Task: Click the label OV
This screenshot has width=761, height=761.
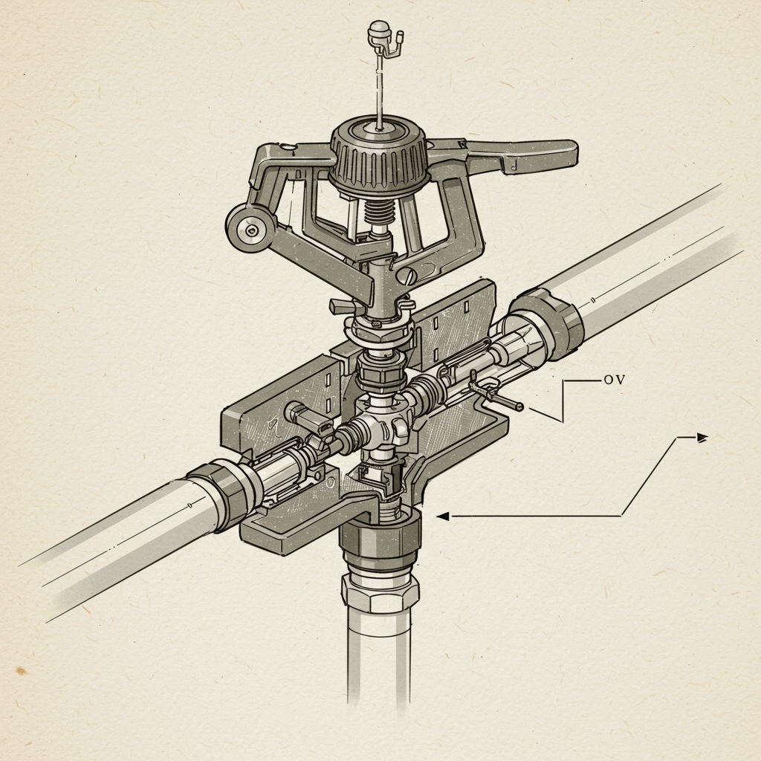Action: coord(614,380)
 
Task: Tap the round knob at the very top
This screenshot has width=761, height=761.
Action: coord(377,30)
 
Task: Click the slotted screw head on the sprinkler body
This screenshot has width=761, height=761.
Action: coord(408,276)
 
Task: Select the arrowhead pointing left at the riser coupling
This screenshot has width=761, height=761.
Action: coord(442,516)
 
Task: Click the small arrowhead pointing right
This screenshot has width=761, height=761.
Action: coord(702,438)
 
